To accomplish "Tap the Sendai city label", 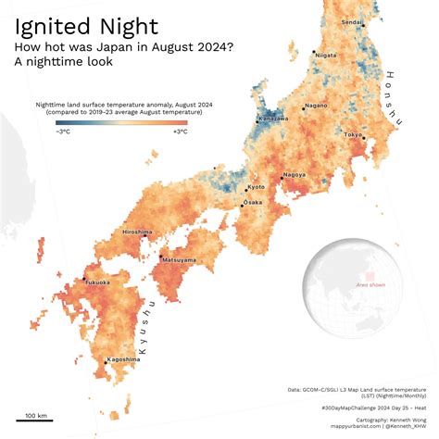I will pyautogui.click(x=353, y=21).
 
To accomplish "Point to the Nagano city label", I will pyautogui.click(x=316, y=106).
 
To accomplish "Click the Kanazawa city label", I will pyautogui.click(x=273, y=119).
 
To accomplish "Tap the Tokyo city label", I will pyautogui.click(x=353, y=135).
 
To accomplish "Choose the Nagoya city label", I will pyautogui.click(x=295, y=174).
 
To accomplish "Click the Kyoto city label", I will pyautogui.click(x=257, y=187).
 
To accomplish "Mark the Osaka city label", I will pyautogui.click(x=252, y=202).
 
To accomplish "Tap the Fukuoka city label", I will pyautogui.click(x=97, y=282).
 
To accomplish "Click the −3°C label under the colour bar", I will pyautogui.click(x=64, y=132).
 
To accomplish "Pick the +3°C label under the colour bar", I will pyautogui.click(x=180, y=132).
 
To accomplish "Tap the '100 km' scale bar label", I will pyautogui.click(x=37, y=415).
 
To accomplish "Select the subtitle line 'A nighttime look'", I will pyautogui.click(x=63, y=62).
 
